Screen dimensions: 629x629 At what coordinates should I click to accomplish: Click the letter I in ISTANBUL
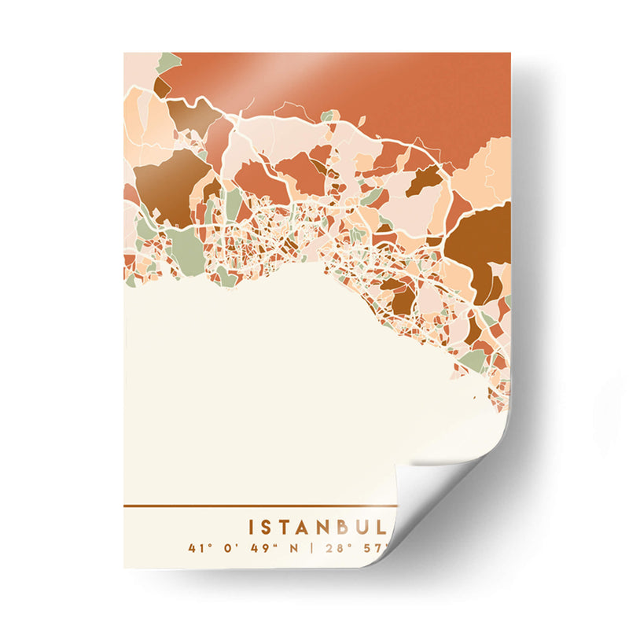[252, 526]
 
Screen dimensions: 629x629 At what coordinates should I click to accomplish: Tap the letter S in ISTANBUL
[270, 526]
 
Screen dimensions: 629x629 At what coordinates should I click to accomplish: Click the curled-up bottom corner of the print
[440, 495]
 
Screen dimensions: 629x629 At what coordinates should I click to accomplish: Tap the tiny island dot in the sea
[474, 397]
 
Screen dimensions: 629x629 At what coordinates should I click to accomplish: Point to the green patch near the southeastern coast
[473, 360]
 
